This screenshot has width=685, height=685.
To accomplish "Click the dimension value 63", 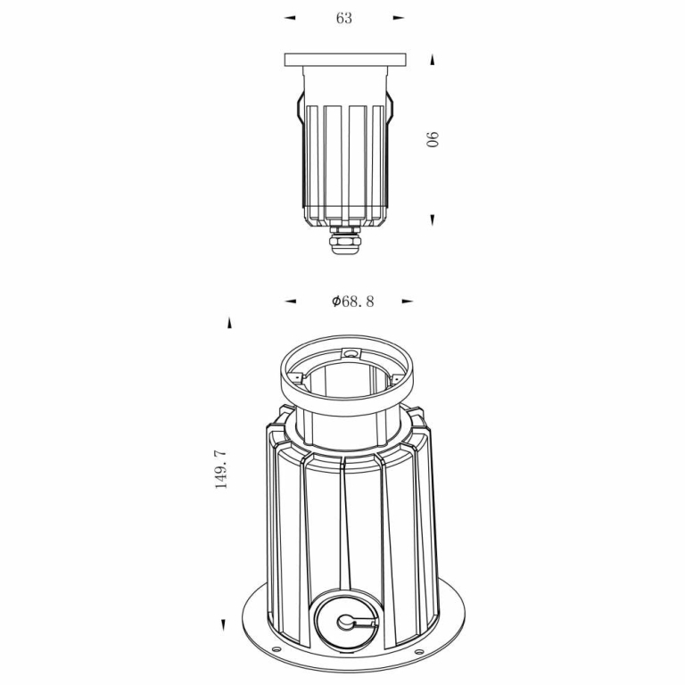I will coord(343,18).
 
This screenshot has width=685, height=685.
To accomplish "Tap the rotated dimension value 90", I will coord(433,139).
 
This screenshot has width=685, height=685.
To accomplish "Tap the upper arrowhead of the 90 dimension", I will coord(433,60).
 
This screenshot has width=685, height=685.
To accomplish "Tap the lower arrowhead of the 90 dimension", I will coord(433,219).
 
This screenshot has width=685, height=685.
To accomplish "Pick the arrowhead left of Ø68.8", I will coord(290,301).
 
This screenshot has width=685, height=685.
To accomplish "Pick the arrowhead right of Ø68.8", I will coord(408,301).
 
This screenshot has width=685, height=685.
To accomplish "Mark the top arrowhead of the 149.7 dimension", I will coord(229,323).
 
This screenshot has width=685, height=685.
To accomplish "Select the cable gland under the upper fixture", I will coord(344,239).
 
